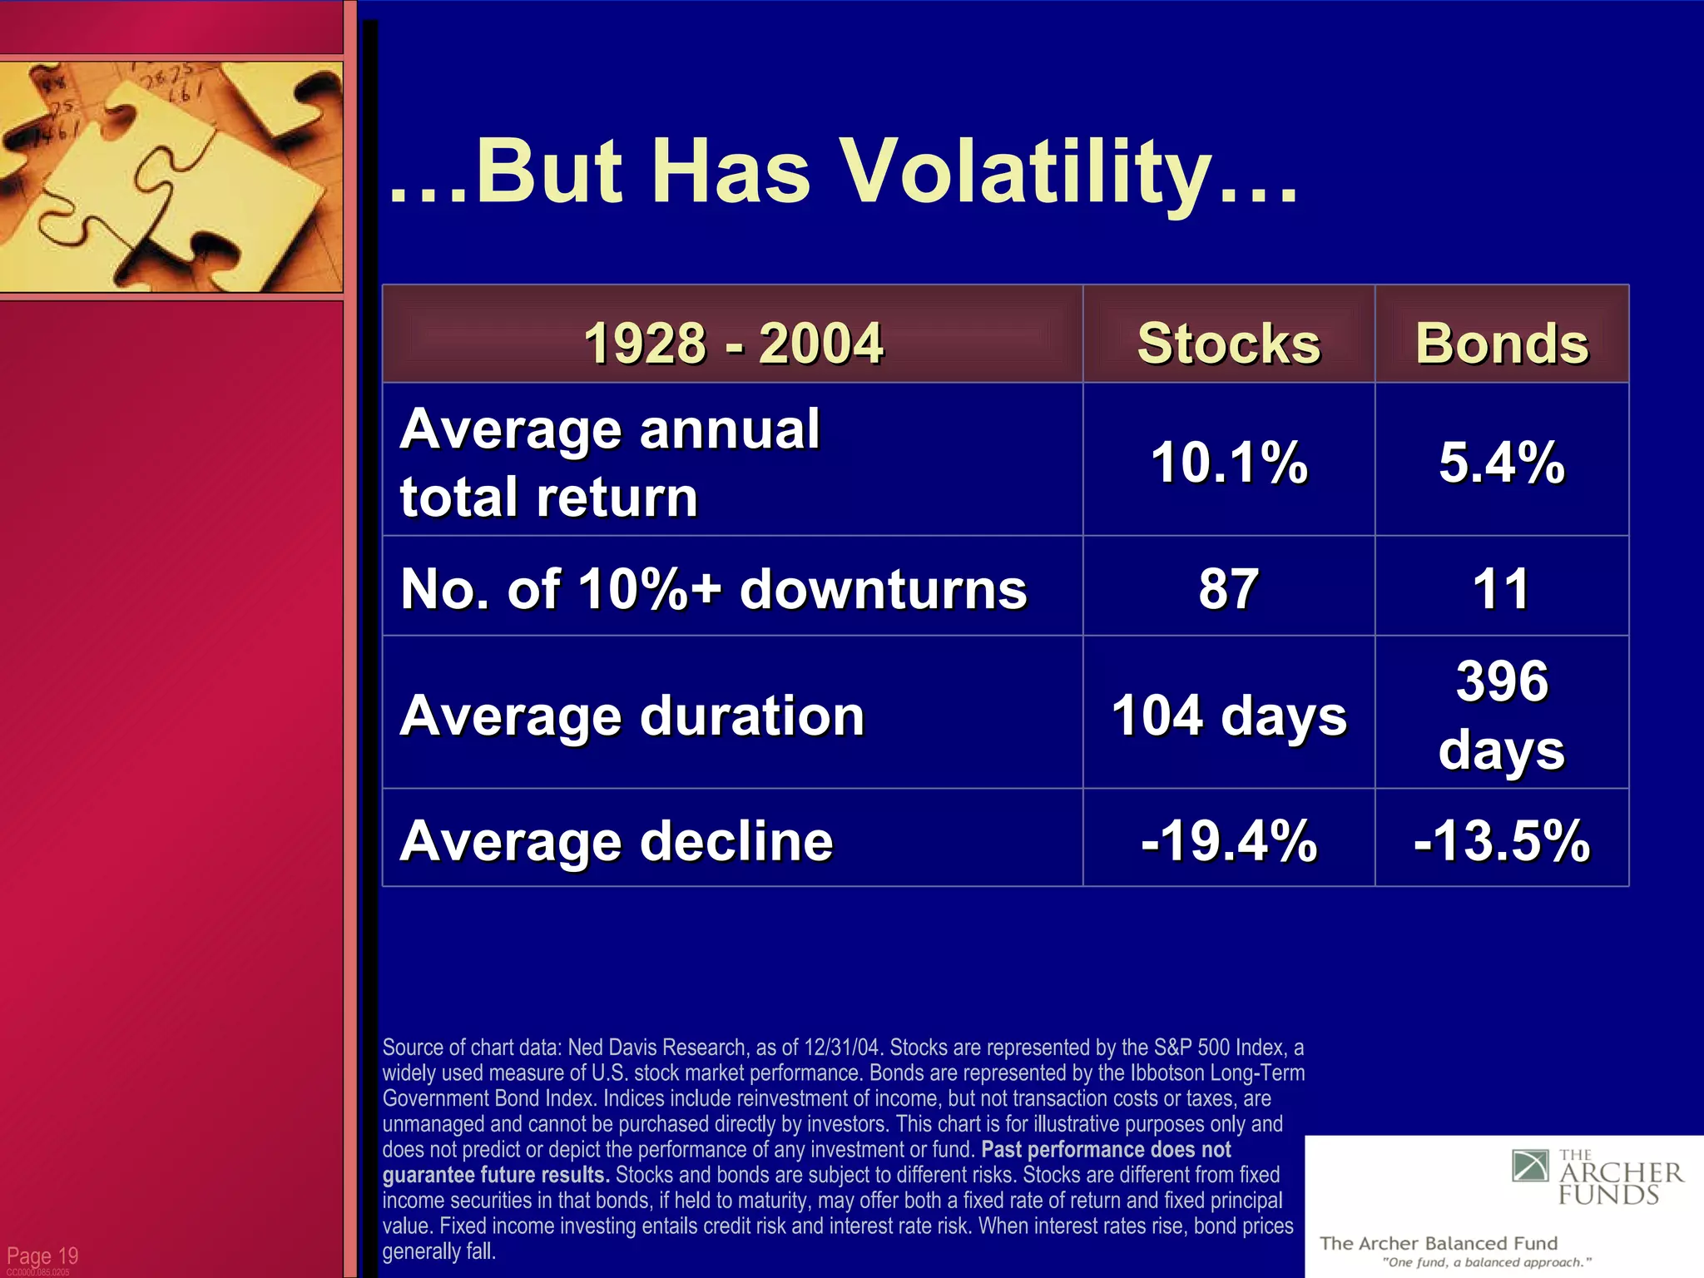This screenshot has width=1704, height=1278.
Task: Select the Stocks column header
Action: [1228, 343]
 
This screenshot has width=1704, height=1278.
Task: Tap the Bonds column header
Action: [1502, 343]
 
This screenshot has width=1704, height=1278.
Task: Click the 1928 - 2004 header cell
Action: [732, 343]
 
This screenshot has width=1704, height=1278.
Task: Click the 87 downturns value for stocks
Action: [1228, 588]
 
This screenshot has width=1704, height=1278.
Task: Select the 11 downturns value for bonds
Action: [1502, 588]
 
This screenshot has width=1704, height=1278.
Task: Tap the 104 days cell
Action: [1228, 716]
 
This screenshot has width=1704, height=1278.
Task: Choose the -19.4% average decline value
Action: [1228, 840]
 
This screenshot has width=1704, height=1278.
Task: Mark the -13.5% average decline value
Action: [1502, 840]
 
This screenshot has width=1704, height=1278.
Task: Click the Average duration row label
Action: [632, 716]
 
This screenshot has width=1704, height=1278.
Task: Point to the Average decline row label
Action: [616, 840]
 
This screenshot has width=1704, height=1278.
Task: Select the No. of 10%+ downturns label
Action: [713, 588]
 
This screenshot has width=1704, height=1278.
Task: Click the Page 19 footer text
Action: [42, 1256]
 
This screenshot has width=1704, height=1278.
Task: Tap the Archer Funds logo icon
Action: [1529, 1167]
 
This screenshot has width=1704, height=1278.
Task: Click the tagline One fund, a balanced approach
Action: [1486, 1262]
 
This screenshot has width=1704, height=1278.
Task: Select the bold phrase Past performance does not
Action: [1106, 1150]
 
